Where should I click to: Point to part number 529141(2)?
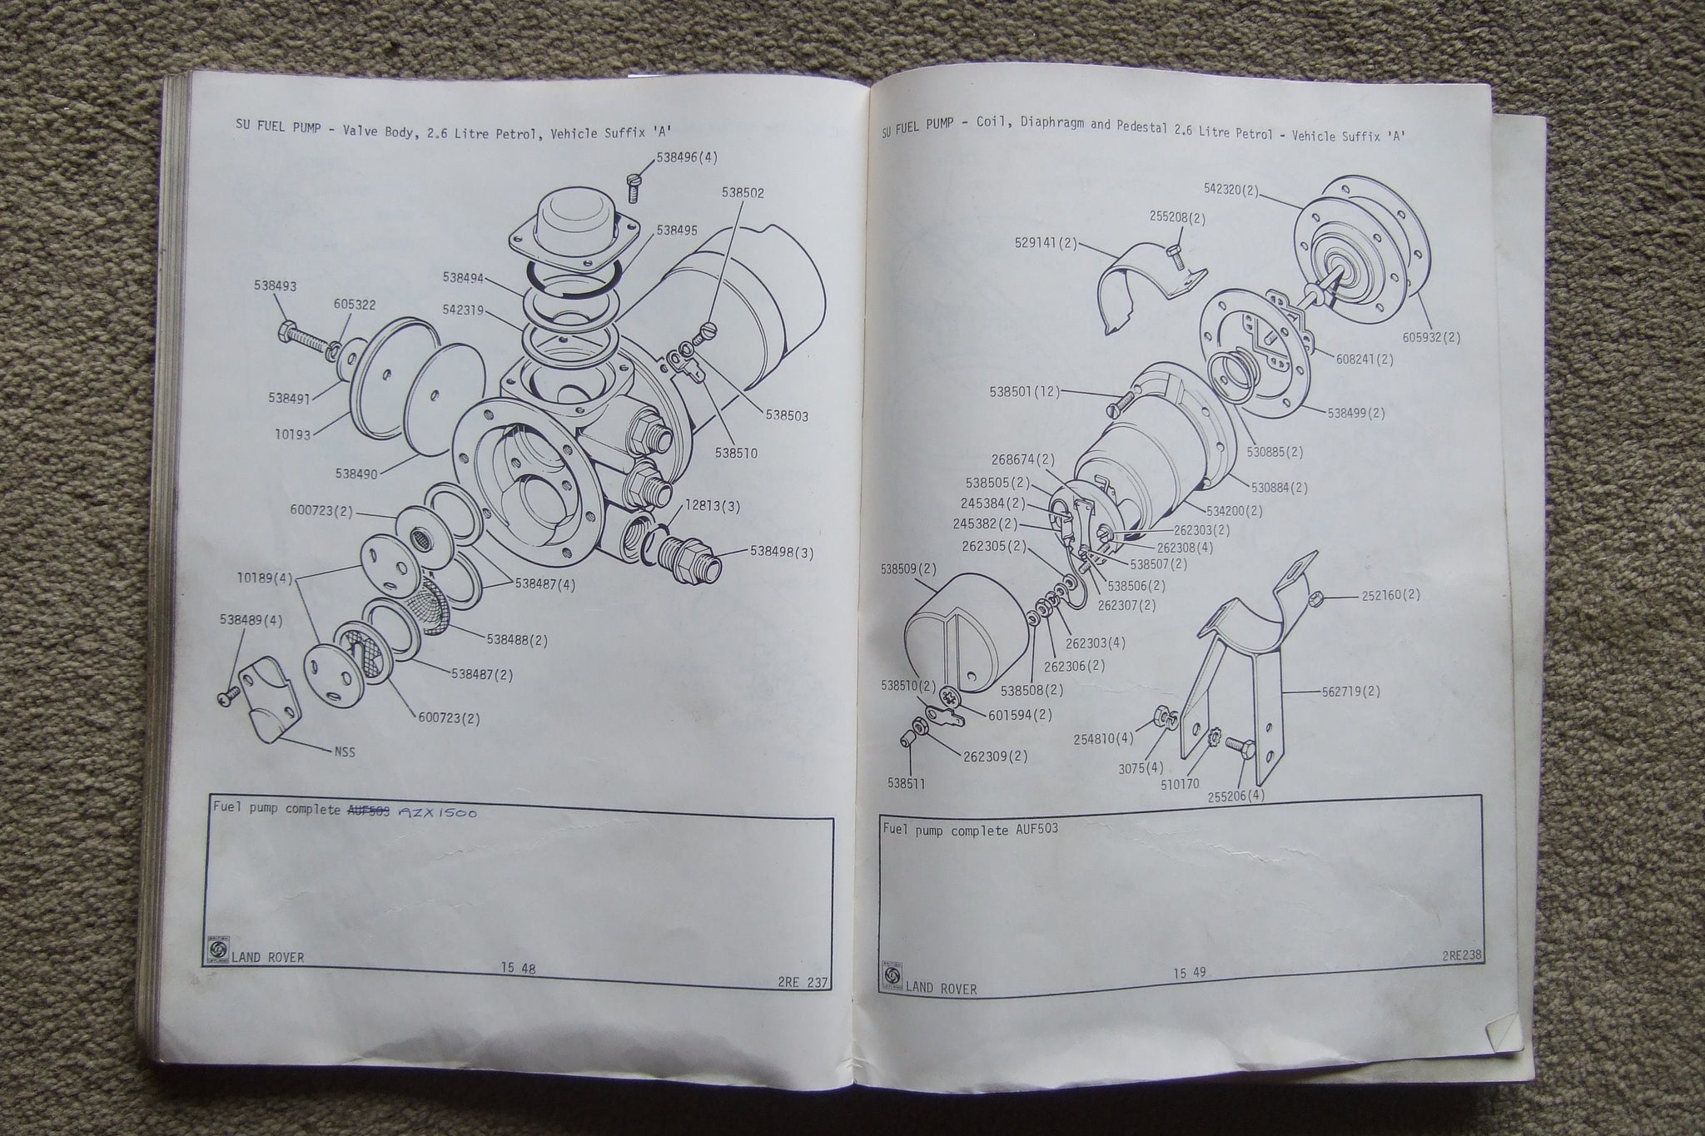(1046, 243)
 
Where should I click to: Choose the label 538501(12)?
(1026, 391)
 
